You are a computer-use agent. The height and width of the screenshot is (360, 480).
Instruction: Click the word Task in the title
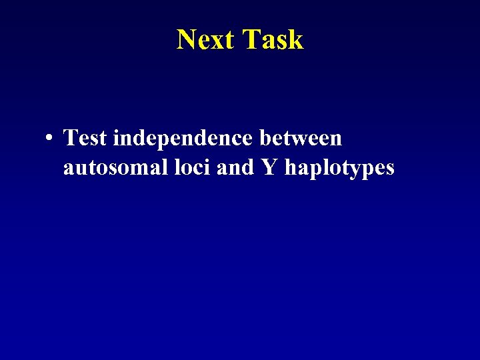272,40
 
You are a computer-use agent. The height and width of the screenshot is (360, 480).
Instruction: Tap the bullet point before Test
50,139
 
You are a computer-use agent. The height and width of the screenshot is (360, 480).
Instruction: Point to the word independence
183,139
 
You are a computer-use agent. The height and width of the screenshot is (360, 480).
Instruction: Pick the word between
300,139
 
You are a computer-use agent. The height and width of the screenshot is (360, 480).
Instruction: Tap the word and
235,167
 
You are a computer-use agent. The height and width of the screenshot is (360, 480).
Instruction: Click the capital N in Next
186,40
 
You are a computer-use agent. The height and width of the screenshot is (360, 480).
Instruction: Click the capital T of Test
70,139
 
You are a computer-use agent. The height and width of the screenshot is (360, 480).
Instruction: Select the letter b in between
263,139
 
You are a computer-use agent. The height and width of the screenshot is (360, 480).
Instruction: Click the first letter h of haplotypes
291,167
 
